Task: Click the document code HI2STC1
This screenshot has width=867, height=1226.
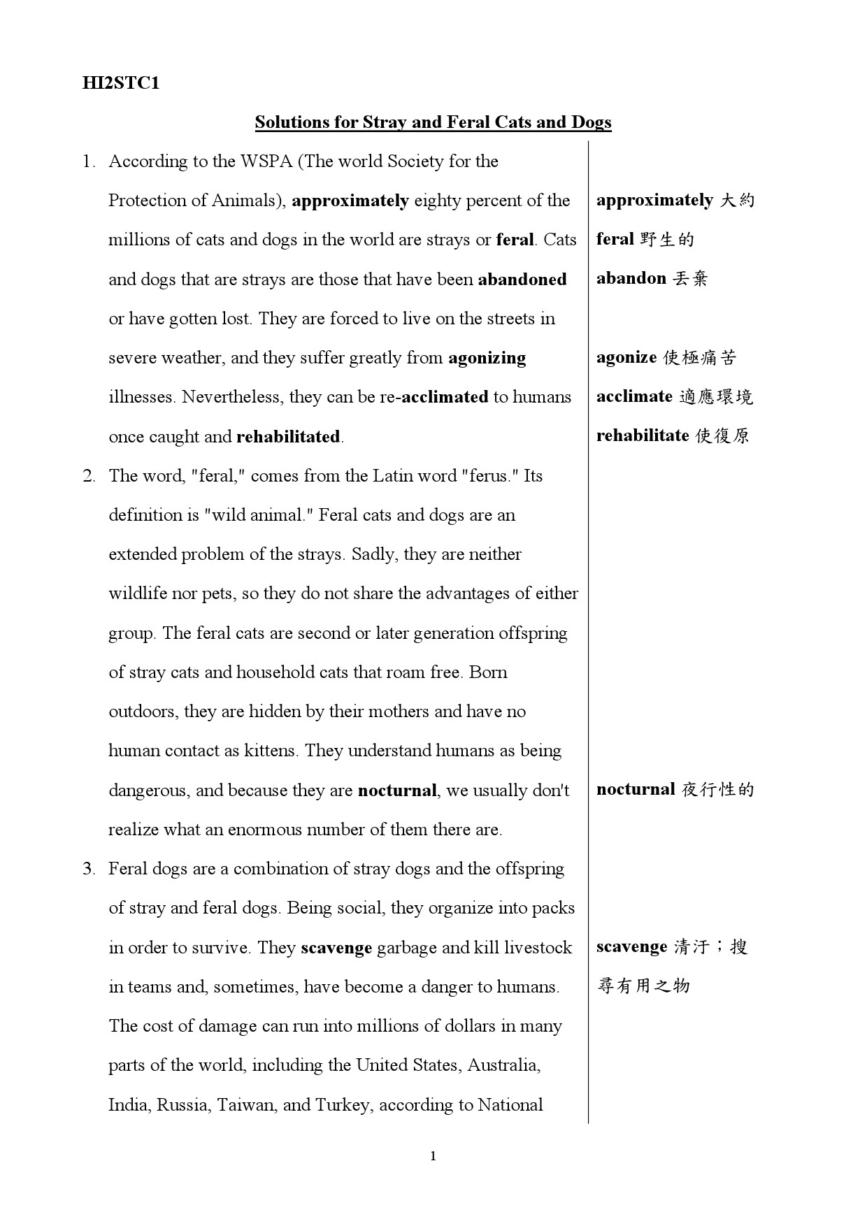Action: pos(120,83)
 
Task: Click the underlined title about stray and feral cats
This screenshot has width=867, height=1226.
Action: pos(433,122)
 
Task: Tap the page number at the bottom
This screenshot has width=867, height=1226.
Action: pos(433,1156)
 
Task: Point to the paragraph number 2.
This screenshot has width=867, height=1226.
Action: pos(89,476)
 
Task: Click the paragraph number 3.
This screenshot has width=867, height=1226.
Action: pos(89,869)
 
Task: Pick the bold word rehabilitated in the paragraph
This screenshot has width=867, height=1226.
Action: pos(288,437)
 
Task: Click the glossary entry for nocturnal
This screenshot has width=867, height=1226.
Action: pos(675,790)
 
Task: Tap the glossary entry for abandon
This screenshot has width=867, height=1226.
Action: pos(652,279)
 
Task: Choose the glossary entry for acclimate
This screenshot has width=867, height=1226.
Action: pos(674,397)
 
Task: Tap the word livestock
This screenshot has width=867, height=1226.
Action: pos(538,948)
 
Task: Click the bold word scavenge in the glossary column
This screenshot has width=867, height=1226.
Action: pos(631,947)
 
